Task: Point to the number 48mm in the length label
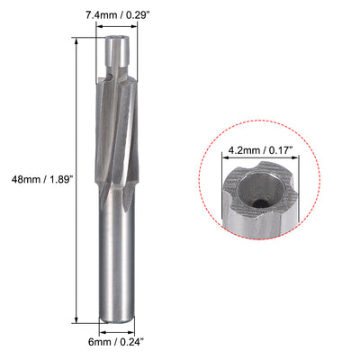[x=20, y=176]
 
